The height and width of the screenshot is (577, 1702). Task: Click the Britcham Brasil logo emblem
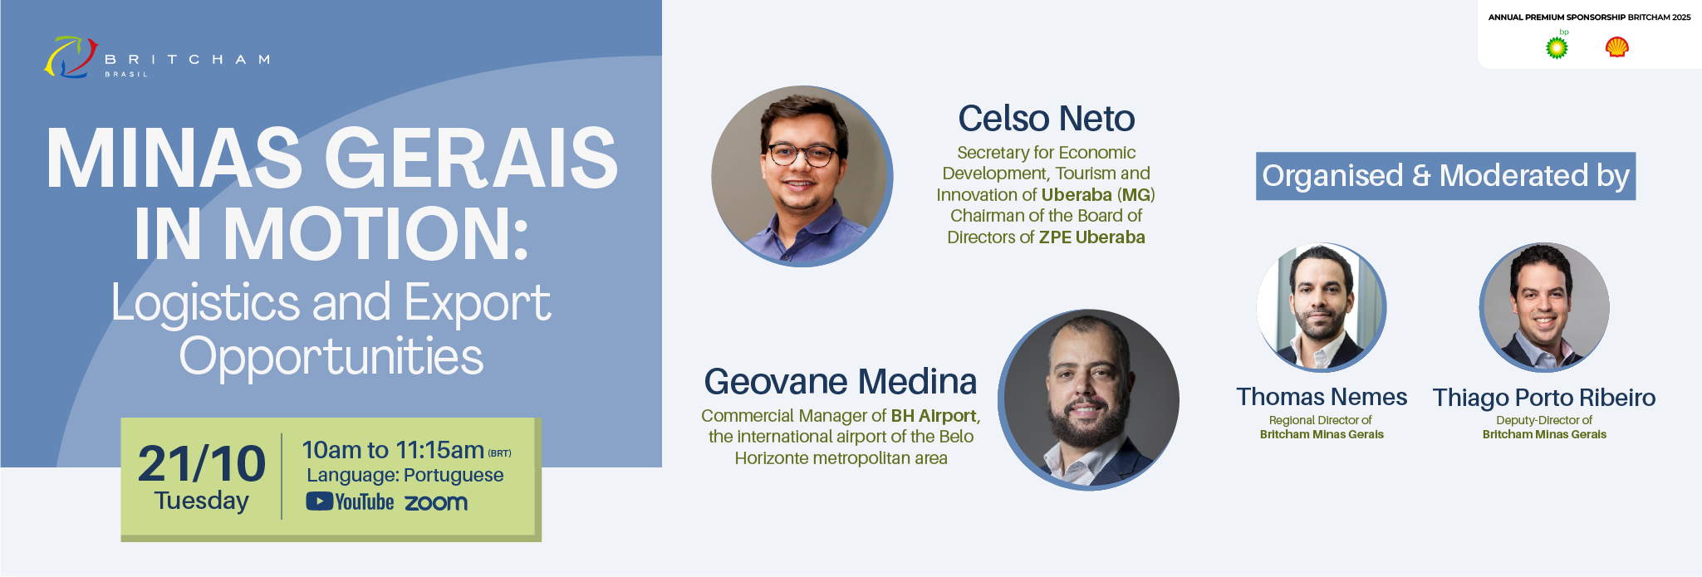point(71,57)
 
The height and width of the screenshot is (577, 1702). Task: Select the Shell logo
point(1616,47)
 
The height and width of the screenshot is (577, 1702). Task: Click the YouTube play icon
point(320,501)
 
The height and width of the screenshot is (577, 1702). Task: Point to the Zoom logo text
point(436,502)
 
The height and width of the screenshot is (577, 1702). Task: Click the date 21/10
point(202,463)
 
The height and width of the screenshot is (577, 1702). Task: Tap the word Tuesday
point(202,501)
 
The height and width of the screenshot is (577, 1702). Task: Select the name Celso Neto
point(1047,119)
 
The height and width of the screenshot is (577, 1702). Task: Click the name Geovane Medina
point(841,382)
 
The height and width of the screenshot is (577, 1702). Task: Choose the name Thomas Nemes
point(1322,397)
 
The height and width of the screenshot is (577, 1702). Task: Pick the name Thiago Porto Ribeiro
point(1544,398)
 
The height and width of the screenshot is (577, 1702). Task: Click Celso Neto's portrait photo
point(802,176)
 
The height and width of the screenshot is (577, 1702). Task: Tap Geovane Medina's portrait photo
point(1089,400)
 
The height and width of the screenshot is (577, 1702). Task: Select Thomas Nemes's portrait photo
point(1322,307)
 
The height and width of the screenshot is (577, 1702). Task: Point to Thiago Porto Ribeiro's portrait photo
point(1544,307)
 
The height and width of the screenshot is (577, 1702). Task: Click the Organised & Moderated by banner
point(1445,176)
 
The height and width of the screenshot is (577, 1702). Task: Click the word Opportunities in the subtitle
point(331,357)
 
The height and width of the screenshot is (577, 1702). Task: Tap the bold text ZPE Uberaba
point(1091,237)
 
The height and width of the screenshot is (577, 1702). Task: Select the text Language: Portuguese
point(405,476)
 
